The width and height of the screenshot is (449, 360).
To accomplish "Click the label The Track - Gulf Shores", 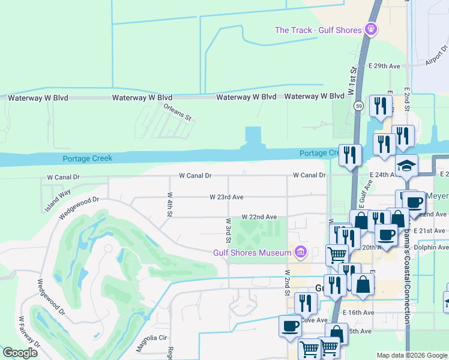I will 318,30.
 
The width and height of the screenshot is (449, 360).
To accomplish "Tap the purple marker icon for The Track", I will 372,29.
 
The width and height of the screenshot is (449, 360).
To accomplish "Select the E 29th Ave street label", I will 384,65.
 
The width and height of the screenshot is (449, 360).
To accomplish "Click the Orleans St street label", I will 177,112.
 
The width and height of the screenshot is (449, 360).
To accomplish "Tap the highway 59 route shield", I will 359,106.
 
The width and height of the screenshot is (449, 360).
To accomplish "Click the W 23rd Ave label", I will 226,197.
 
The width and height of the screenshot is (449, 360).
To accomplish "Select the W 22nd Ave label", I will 259,217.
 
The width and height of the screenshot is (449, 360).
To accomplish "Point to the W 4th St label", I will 170,204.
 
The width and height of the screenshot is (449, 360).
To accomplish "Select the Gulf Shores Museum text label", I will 252,253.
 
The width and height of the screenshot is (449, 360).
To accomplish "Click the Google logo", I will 20,353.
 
